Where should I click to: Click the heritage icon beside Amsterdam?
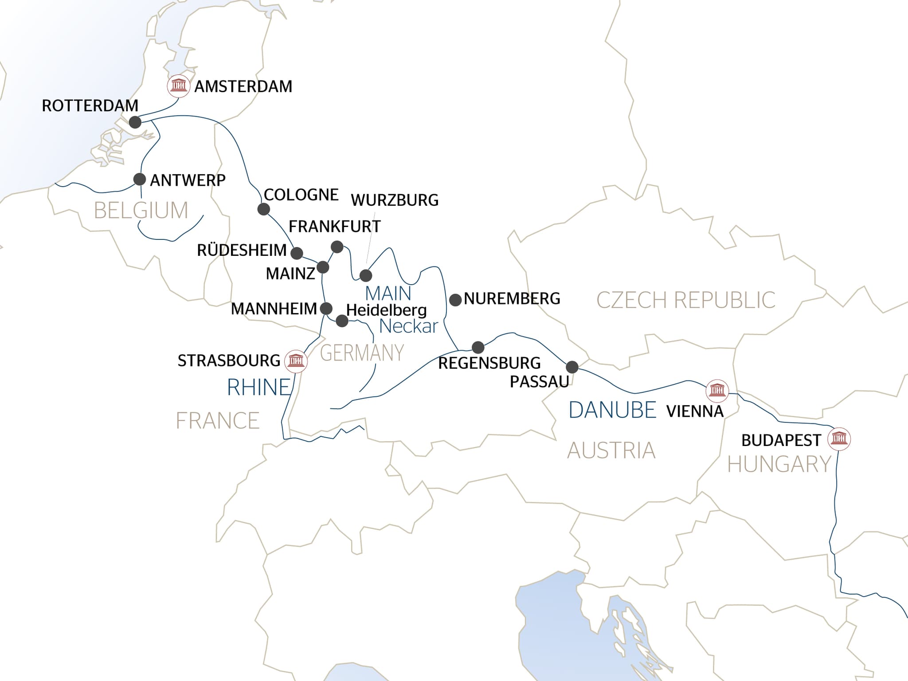(179, 86)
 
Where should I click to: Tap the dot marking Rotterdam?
(135, 122)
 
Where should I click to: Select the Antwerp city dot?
(140, 180)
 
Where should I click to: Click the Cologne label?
(301, 195)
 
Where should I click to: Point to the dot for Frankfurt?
(337, 247)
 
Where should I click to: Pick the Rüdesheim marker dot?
(297, 253)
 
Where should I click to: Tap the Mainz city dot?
(323, 267)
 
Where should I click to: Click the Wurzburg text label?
(395, 200)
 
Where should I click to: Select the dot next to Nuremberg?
(455, 300)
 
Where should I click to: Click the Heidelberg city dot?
(342, 321)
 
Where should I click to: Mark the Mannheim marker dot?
(326, 308)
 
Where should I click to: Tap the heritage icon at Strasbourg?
(296, 360)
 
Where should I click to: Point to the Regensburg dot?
(478, 347)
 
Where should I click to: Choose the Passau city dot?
(572, 367)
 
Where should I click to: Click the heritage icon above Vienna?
(717, 391)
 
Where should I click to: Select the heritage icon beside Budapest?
(839, 439)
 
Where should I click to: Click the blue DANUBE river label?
(612, 410)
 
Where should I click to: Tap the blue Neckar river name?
(409, 326)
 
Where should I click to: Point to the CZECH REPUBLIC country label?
(685, 300)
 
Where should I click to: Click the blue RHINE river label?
(259, 387)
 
